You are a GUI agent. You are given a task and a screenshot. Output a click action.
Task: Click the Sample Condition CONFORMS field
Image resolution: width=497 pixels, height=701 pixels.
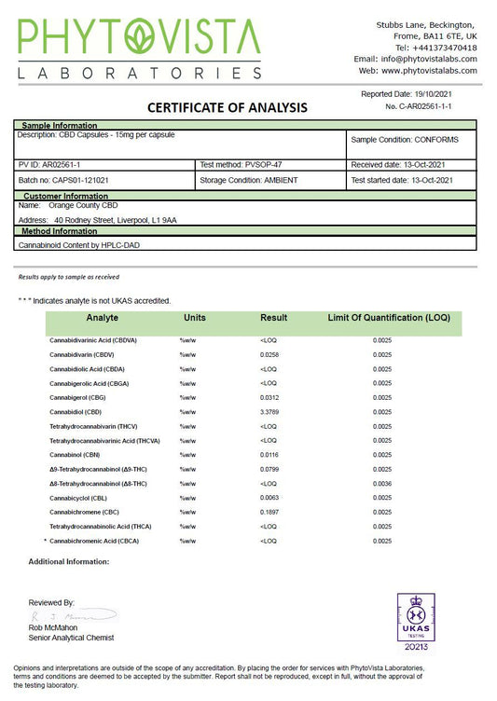(x=411, y=140)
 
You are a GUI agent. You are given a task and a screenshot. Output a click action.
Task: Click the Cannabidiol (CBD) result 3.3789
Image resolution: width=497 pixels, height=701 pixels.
(x=270, y=411)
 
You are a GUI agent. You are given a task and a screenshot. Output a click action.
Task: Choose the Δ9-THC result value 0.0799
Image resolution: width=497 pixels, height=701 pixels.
(x=270, y=469)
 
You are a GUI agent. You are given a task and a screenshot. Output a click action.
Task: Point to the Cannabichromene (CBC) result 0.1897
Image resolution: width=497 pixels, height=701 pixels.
(x=270, y=512)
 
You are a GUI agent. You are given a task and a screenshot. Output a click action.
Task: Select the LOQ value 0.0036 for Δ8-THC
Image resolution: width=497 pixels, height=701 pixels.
(x=381, y=484)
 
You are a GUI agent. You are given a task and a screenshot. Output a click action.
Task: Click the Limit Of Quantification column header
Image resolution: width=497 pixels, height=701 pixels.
(x=389, y=318)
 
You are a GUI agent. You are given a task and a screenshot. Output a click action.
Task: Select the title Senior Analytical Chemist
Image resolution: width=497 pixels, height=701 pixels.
(x=71, y=638)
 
